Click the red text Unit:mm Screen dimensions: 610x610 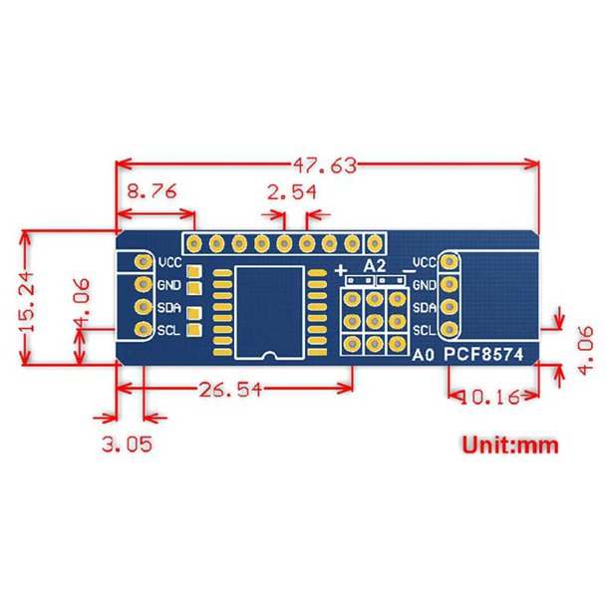tap(509, 445)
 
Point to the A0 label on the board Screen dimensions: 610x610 tap(425, 352)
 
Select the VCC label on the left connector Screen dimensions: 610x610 tap(169, 263)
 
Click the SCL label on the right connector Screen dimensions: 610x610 tap(424, 329)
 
